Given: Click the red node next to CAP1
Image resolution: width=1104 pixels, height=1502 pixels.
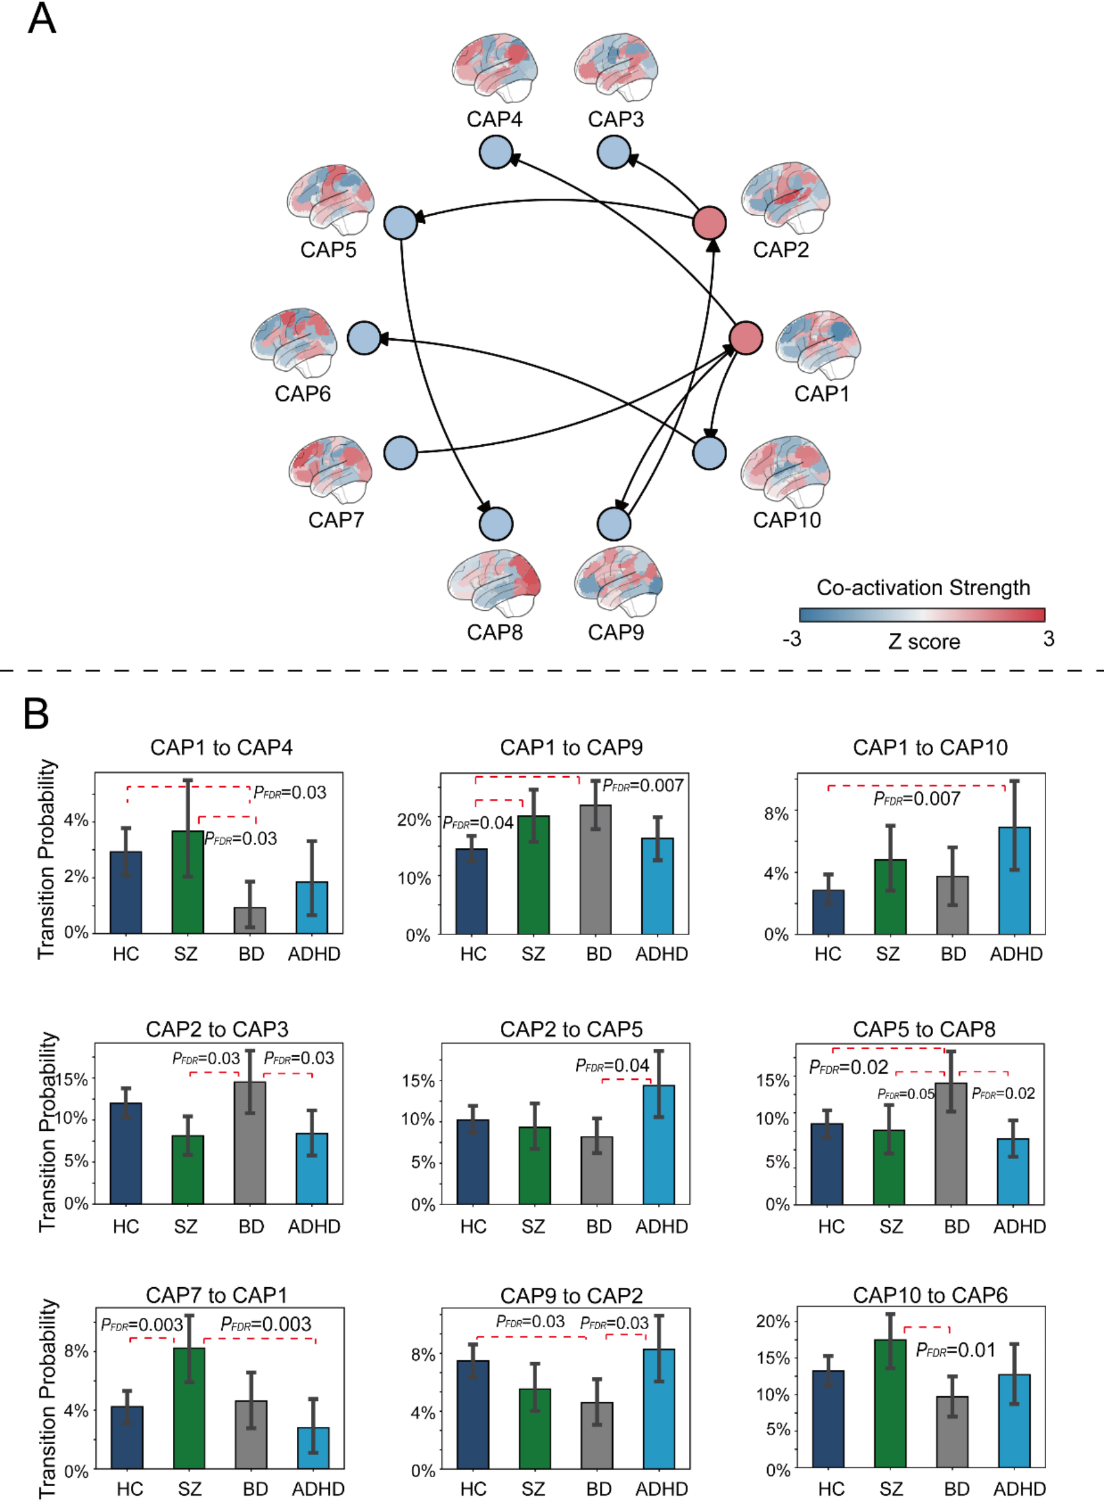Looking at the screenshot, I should [x=746, y=338].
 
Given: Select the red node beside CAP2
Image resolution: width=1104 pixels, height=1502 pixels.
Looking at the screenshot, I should [x=709, y=222].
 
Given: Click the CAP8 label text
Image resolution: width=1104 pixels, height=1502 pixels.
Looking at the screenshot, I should [x=494, y=632].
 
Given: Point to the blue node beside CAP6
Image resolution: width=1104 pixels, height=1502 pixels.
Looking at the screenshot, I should [x=364, y=338].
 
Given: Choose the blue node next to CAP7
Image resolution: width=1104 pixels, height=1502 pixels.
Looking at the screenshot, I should [x=401, y=453].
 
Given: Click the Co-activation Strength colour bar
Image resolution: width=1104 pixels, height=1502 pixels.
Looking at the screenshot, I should [x=922, y=615].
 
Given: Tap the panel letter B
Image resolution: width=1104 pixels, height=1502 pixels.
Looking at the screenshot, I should [x=36, y=714].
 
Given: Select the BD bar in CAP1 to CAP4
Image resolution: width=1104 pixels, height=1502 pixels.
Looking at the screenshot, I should [x=250, y=920].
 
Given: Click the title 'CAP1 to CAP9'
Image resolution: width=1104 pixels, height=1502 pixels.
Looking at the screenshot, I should [x=571, y=748].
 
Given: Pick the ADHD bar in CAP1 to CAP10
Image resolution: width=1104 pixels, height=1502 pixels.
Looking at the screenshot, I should [x=1014, y=880].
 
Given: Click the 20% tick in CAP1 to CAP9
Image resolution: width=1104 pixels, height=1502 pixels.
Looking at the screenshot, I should [x=414, y=820].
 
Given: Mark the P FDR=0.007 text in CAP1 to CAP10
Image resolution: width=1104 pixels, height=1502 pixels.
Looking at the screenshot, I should [x=917, y=798].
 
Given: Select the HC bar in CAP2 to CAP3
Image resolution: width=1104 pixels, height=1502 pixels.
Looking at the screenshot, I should [x=126, y=1153].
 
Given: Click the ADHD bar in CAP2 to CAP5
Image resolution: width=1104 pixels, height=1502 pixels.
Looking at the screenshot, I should [x=659, y=1145].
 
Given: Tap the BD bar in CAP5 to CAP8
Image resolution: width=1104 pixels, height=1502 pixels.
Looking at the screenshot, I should [x=951, y=1144].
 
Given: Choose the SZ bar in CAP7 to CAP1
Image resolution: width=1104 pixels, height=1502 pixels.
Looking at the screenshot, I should [x=189, y=1408].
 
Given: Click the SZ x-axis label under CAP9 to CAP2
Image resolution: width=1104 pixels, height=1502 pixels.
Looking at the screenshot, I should [x=533, y=1489].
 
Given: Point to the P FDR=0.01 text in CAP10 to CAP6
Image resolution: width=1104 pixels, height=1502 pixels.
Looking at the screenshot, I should [x=956, y=1350].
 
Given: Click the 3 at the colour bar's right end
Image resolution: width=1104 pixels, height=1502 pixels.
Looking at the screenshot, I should [x=1049, y=639].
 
